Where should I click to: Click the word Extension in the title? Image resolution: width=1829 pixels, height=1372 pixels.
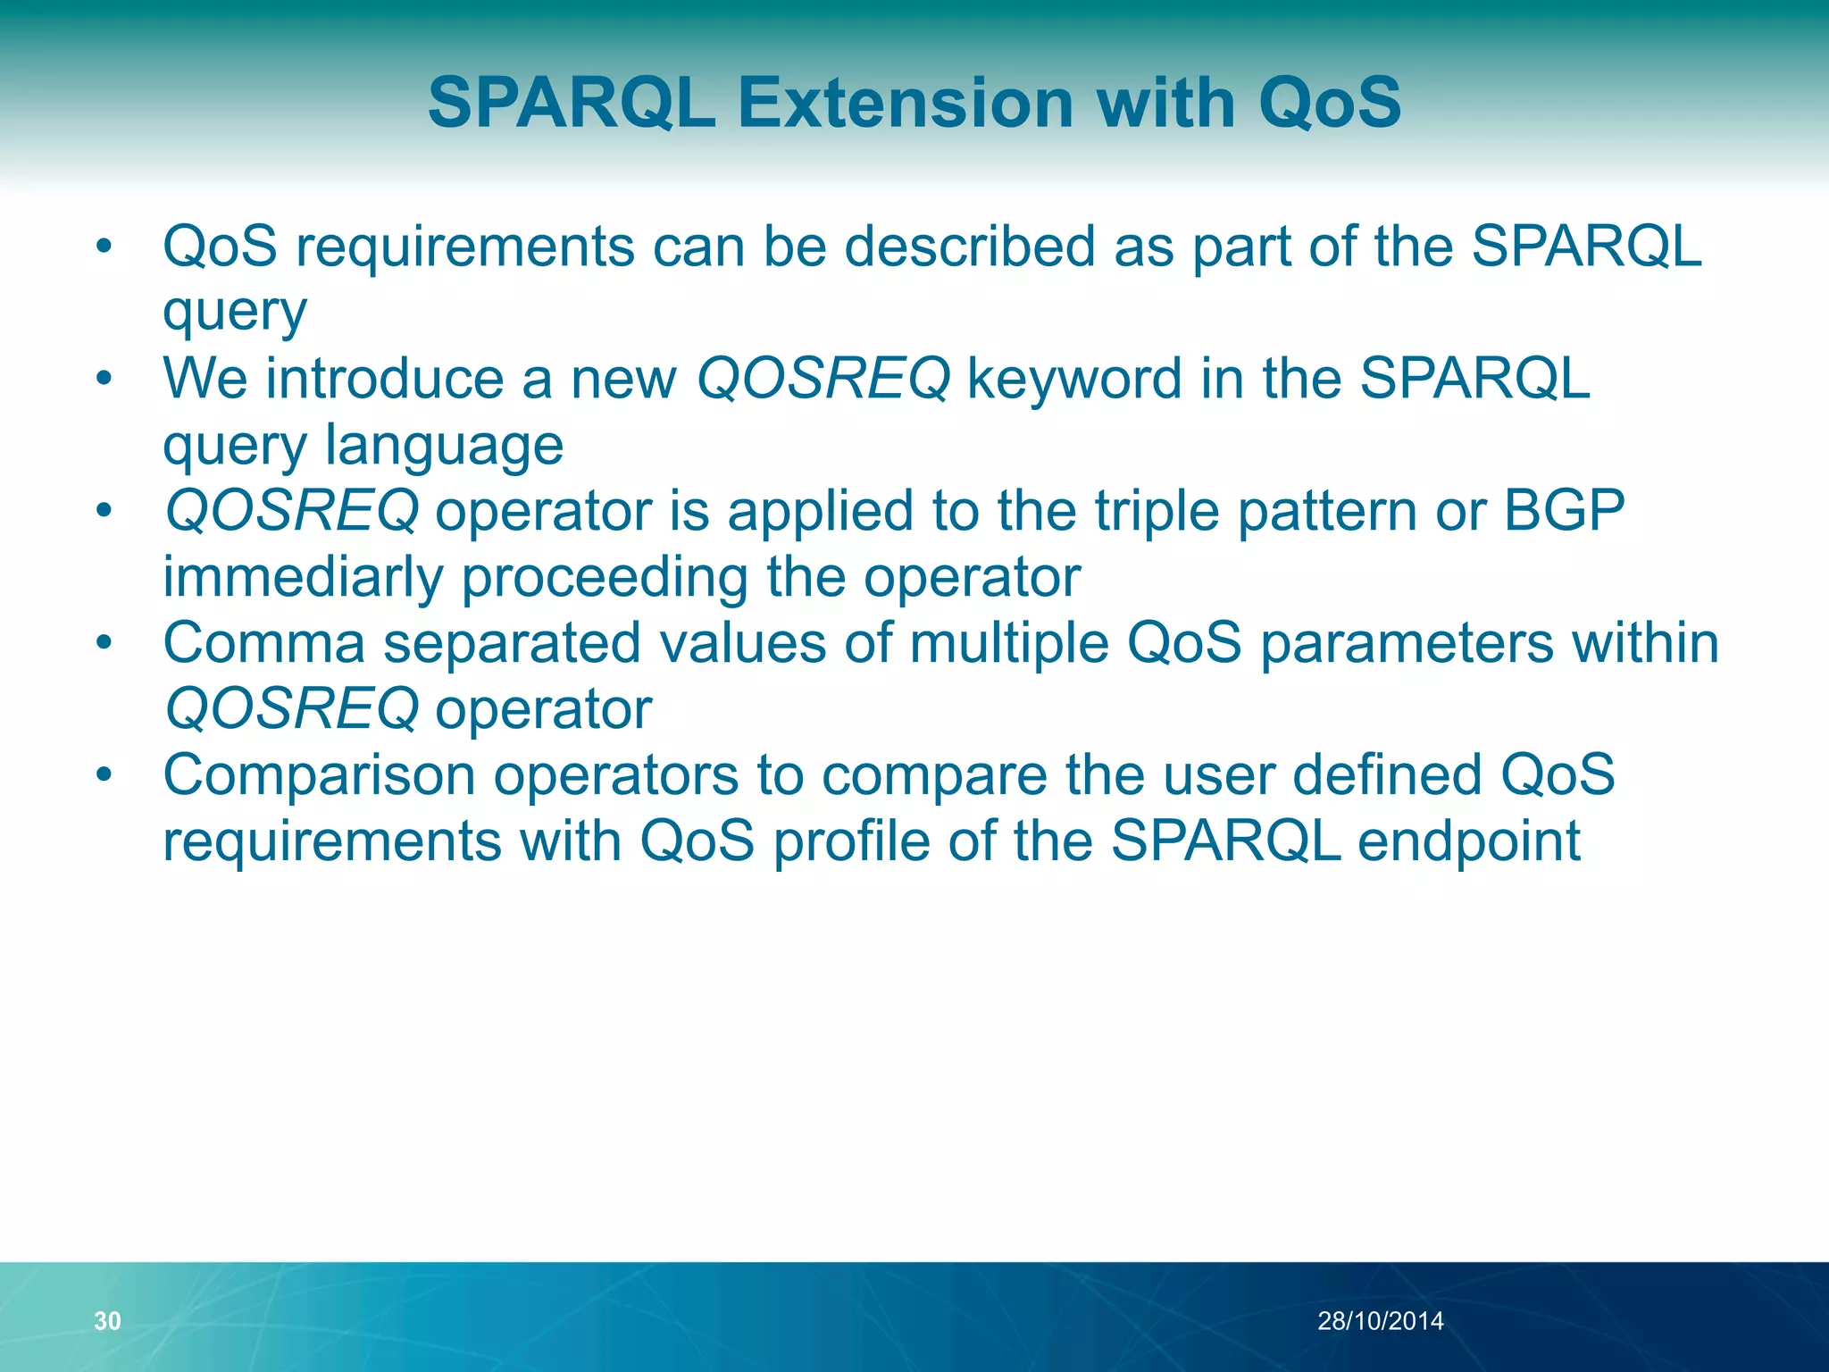906,103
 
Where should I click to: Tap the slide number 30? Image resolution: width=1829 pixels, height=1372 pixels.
107,1320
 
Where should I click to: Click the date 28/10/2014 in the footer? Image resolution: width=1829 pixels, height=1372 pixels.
1380,1320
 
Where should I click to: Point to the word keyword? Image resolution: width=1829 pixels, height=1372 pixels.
1075,380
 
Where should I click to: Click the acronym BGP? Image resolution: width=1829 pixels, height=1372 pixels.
1564,511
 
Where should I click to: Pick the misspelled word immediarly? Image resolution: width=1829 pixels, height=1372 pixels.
303,577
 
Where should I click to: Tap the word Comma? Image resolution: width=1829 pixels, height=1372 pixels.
264,643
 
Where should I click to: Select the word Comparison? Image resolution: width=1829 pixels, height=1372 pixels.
319,775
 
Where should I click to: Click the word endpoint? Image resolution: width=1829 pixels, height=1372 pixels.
1469,841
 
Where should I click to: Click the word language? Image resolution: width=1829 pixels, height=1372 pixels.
444,446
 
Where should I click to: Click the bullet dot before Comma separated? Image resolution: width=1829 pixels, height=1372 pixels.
104,642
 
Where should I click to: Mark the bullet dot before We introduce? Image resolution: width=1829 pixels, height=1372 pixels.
104,379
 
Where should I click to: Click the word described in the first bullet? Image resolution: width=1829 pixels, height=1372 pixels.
970,247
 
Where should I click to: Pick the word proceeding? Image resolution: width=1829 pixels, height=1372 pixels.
605,577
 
